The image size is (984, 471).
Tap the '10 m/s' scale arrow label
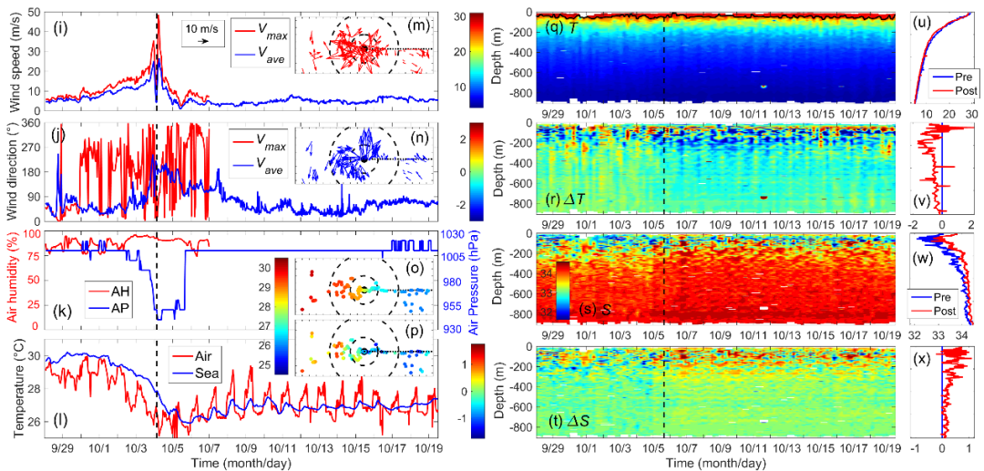200,26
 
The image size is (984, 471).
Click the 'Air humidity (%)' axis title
11,281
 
